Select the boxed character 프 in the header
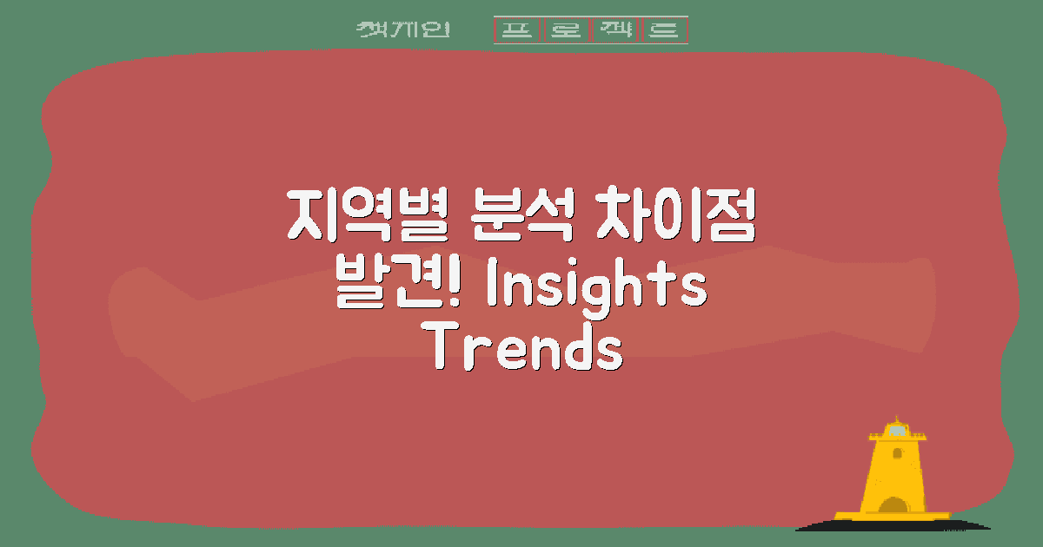pyautogui.click(x=518, y=30)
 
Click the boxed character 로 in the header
pyautogui.click(x=566, y=30)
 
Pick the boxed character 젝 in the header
pyautogui.click(x=615, y=30)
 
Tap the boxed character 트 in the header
pyautogui.click(x=664, y=30)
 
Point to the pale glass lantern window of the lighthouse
pyautogui.click(x=895, y=431)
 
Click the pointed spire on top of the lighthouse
pyautogui.click(x=894, y=418)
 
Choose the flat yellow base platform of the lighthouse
pyautogui.click(x=893, y=516)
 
